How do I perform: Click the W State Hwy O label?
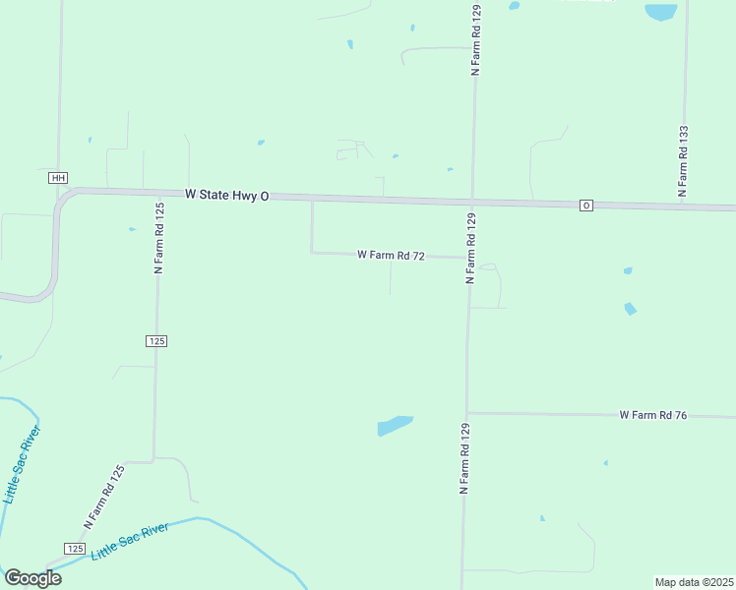(x=226, y=196)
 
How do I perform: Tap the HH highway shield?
(x=58, y=178)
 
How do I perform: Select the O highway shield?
(x=585, y=206)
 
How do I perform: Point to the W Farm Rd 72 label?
(x=391, y=255)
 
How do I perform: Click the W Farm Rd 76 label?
(x=652, y=416)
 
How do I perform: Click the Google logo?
(x=33, y=578)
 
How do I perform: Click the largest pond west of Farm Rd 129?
(x=395, y=425)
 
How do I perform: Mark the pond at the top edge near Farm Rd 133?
(x=660, y=12)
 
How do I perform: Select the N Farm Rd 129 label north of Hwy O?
(x=475, y=39)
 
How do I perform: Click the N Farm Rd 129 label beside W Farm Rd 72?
(x=470, y=249)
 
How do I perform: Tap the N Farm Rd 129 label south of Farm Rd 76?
(x=463, y=458)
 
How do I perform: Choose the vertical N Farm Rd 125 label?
(x=157, y=237)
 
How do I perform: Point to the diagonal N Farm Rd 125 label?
(x=104, y=498)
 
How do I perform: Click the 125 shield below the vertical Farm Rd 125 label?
(x=156, y=340)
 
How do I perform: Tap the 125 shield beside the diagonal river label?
(x=76, y=548)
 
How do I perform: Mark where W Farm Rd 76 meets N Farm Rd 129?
(x=466, y=413)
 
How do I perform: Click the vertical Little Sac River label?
(x=22, y=464)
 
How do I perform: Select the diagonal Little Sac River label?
(x=130, y=542)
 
